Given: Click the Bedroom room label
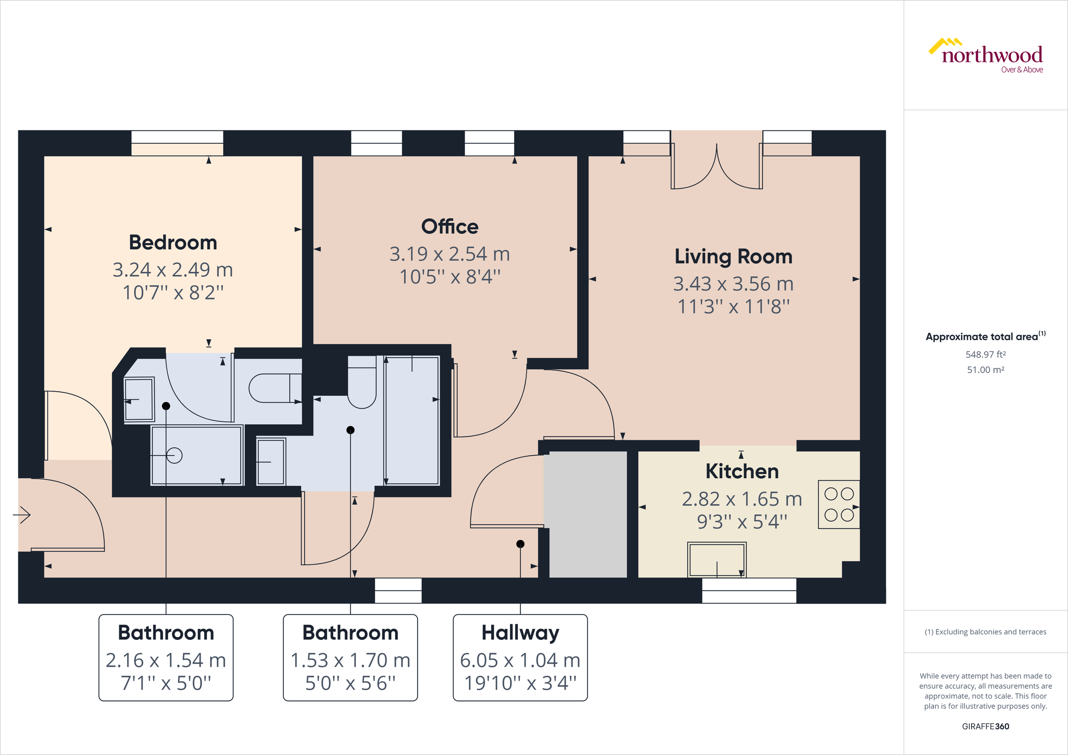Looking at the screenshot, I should pos(173,242).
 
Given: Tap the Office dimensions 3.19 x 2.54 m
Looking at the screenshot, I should pos(449,254).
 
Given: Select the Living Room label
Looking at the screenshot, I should pos(733,256).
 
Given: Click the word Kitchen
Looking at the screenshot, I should pos(742,471).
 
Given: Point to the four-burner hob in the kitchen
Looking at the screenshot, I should pos(839,504).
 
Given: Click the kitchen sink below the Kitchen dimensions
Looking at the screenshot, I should pos(717,560).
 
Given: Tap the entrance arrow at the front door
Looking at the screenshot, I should pos(22,514).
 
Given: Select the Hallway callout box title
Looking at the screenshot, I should pos(520,633).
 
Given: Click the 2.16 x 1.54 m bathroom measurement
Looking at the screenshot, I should pos(166,660).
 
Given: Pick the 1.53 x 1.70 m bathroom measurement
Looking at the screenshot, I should pos(350,660).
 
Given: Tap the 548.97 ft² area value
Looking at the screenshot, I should pos(985,355).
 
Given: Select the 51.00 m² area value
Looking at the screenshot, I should pos(985,370).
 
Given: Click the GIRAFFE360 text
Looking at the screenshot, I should pos(985,726).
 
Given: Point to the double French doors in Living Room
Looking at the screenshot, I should pos(716,167).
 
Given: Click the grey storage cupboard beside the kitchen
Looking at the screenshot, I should pos(588,514).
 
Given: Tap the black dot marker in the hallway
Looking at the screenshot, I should pos(520,544).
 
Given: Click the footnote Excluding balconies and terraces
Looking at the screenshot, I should pos(985,632).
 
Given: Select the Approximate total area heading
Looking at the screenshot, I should pos(983,337).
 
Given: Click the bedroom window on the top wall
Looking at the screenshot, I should pos(177,143).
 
